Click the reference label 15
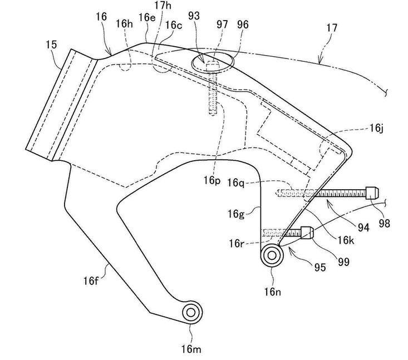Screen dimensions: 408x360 [x=51, y=45]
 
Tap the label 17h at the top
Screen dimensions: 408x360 [x=163, y=6]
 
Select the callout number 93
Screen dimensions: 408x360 [x=194, y=16]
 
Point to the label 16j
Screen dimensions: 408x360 [x=376, y=128]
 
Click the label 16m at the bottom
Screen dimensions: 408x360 [x=191, y=349]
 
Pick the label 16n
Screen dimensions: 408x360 [x=273, y=292]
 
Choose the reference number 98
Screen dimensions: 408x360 [x=384, y=224]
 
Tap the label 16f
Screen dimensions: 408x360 [x=91, y=280]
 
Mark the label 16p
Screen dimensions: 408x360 [x=212, y=181]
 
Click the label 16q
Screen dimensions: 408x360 [x=236, y=183]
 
